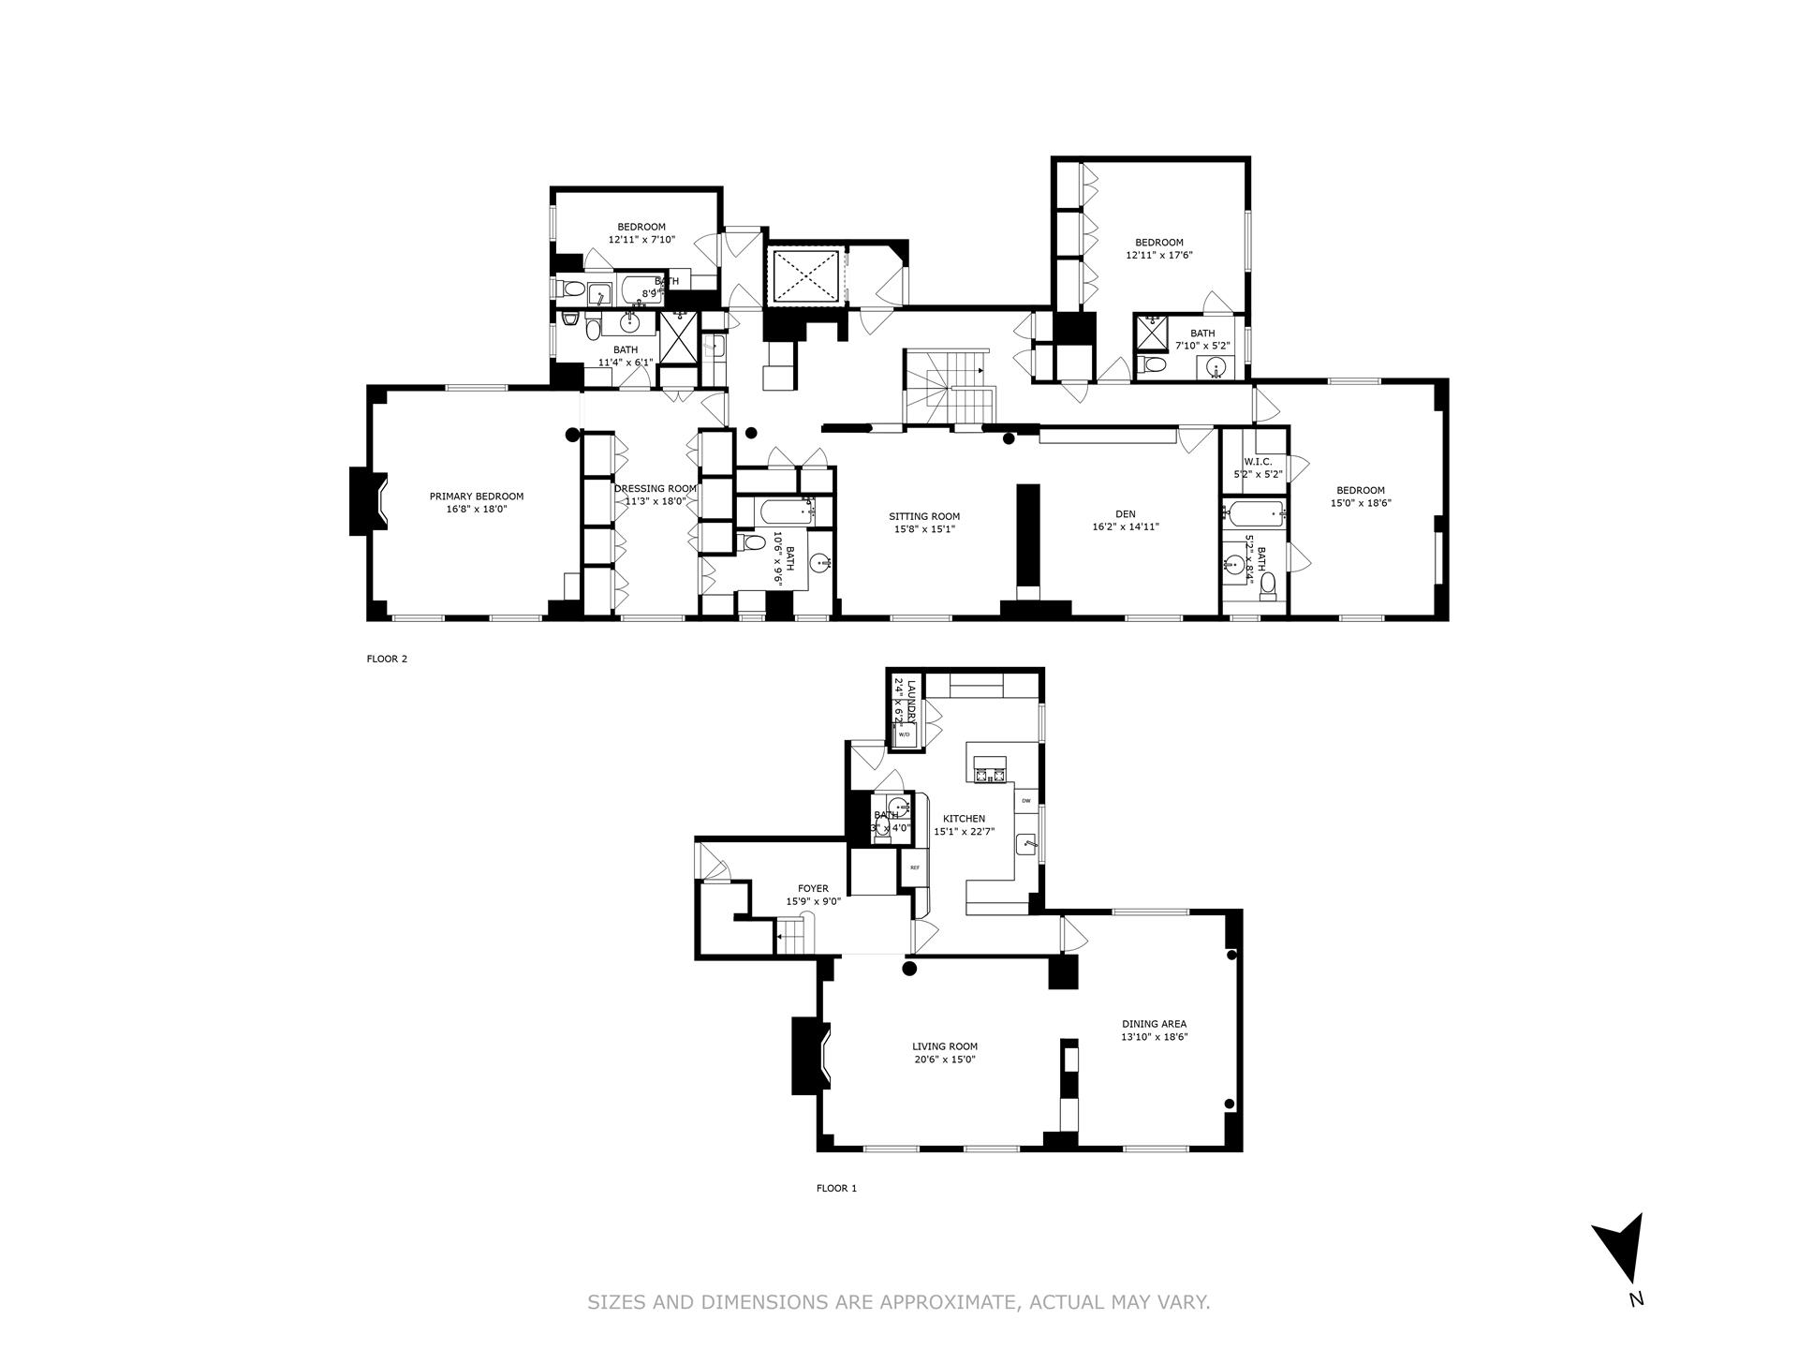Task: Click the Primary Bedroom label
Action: [476, 497]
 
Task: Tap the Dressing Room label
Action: [656, 488]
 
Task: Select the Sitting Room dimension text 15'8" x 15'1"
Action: [924, 529]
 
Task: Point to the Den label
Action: [1125, 513]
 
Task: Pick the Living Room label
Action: [945, 1046]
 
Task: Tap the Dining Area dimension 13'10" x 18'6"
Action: [1155, 1037]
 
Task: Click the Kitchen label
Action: [964, 819]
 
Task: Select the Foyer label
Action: [813, 888]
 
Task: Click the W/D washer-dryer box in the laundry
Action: [904, 735]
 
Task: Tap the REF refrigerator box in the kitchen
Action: [914, 867]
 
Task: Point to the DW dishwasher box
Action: [1026, 801]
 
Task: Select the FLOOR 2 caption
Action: [387, 659]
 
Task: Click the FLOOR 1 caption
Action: [836, 1189]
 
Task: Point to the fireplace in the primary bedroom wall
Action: [365, 501]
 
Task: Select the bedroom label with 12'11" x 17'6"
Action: [1159, 243]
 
